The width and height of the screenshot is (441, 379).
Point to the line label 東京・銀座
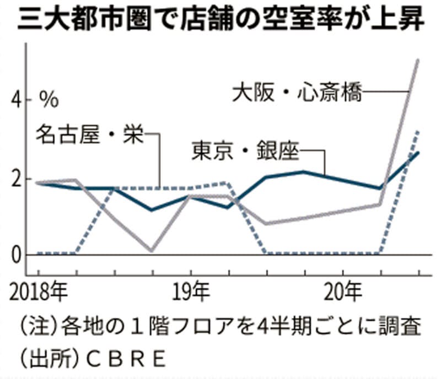point(245,151)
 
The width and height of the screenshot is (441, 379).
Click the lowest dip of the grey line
point(151,251)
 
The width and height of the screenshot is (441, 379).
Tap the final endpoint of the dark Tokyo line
point(418,152)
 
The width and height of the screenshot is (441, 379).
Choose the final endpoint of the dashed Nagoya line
point(418,132)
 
